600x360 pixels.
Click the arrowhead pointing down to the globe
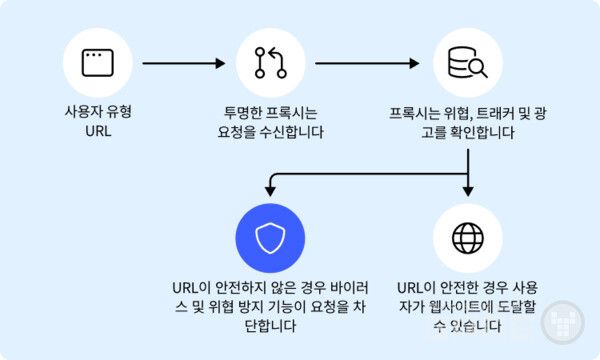[x=467, y=192]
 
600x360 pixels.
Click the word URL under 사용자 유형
[x=97, y=131]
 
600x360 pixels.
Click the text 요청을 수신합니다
[x=269, y=131]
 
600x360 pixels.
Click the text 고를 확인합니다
[x=467, y=131]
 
